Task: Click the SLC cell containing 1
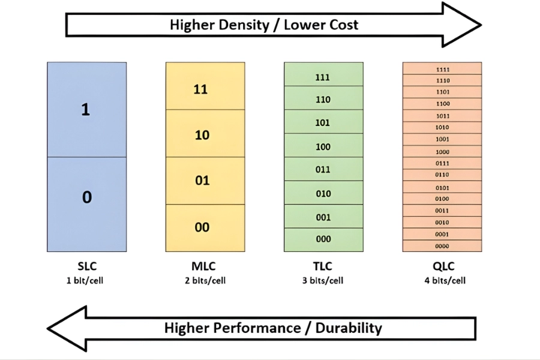click(86, 110)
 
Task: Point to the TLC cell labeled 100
click(323, 145)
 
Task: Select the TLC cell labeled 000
click(323, 239)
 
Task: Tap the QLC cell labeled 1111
click(442, 68)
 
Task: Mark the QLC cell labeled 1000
click(442, 151)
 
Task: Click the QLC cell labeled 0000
click(442, 246)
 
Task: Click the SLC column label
click(86, 266)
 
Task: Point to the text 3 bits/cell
click(323, 280)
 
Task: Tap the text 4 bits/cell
click(442, 280)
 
